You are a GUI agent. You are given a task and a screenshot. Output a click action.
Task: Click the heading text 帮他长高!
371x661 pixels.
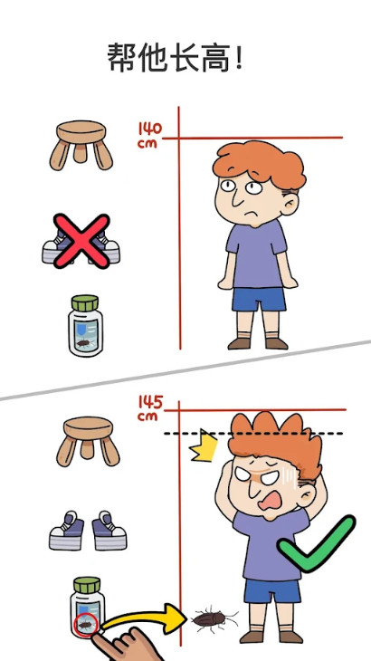(175, 58)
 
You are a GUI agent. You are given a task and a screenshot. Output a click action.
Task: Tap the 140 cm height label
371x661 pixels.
(150, 135)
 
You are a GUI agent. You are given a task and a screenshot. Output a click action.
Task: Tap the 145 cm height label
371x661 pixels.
(150, 408)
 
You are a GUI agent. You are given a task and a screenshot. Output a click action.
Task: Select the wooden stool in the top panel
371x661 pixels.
(81, 146)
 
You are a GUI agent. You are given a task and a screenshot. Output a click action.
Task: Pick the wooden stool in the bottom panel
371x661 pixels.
(88, 441)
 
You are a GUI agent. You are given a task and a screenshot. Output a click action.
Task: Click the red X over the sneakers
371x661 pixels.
(81, 241)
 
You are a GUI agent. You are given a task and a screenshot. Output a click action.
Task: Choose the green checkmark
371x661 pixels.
(316, 543)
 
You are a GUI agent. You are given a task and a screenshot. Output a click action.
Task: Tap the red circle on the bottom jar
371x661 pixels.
(85, 625)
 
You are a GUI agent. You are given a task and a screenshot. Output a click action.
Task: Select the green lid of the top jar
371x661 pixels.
(85, 302)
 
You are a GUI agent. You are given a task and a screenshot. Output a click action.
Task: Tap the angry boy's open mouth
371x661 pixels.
(270, 502)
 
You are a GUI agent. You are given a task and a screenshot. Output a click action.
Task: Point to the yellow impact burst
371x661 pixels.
(204, 445)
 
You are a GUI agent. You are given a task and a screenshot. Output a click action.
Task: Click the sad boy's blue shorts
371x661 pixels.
(259, 300)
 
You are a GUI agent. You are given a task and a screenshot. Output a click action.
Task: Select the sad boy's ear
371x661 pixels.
(290, 203)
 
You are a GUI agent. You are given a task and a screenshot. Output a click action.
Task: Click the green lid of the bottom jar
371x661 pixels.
(87, 585)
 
